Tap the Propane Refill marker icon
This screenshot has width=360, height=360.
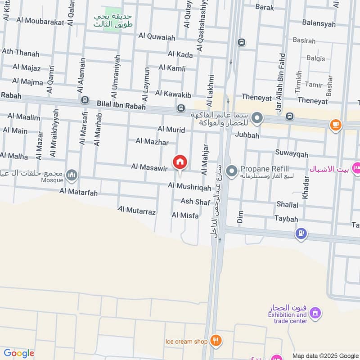232,171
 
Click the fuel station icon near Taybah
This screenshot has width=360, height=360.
301,234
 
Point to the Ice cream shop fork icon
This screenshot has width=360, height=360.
216,341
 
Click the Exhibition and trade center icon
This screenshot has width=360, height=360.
316,312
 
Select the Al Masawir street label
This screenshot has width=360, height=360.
149,167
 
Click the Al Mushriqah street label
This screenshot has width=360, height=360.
189,186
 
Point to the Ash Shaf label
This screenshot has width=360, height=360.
195,202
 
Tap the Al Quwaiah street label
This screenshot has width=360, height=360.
157,37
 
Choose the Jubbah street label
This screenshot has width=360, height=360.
247,135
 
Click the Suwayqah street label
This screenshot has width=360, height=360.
292,154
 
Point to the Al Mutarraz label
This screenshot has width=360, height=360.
137,211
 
